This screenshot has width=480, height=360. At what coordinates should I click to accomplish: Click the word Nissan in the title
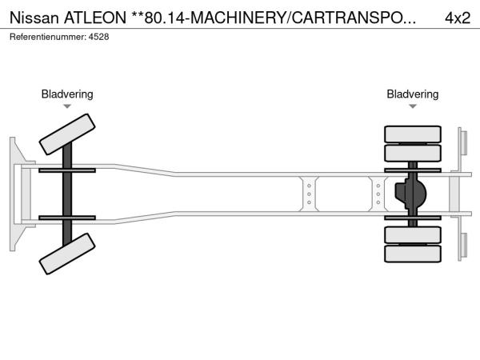tap(34, 18)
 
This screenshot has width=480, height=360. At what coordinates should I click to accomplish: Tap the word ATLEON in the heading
tap(95, 18)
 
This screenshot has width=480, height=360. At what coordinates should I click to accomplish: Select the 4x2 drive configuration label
tap(458, 18)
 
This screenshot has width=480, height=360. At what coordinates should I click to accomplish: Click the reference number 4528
tap(99, 37)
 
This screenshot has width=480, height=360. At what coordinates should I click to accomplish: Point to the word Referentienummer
tap(48, 37)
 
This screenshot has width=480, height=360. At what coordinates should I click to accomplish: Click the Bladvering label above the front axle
tap(67, 94)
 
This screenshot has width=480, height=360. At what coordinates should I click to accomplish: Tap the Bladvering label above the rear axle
tap(413, 94)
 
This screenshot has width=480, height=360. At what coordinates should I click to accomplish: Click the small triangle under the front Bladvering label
tap(67, 106)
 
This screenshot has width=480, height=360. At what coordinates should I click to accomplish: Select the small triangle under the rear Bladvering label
tap(413, 106)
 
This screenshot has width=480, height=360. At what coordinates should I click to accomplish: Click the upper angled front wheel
tap(67, 134)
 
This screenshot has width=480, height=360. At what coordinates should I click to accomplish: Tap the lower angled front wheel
tap(67, 254)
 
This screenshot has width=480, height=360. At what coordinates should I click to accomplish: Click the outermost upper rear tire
tap(413, 134)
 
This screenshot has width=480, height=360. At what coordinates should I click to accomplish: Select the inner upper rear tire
tap(413, 153)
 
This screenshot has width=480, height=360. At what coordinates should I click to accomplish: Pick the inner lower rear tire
tap(413, 234)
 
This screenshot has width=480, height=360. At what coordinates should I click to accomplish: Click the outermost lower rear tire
tap(413, 254)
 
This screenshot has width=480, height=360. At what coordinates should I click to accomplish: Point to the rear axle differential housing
tap(410, 194)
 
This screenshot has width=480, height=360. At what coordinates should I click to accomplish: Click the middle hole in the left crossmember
tap(309, 194)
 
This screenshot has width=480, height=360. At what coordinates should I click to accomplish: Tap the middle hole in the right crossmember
tap(378, 194)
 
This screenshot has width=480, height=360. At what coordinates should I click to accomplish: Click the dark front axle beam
tap(67, 194)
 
